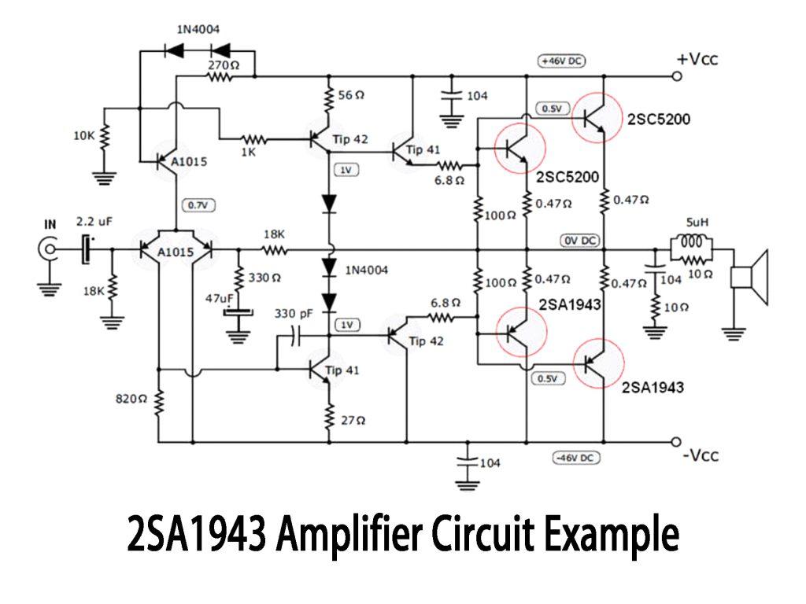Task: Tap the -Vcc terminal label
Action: pyautogui.click(x=699, y=455)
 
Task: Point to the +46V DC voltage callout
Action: pyautogui.click(x=561, y=61)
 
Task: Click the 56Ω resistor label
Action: pyautogui.click(x=351, y=95)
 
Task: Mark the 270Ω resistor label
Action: pyautogui.click(x=221, y=66)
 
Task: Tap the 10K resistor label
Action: pyautogui.click(x=84, y=135)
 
